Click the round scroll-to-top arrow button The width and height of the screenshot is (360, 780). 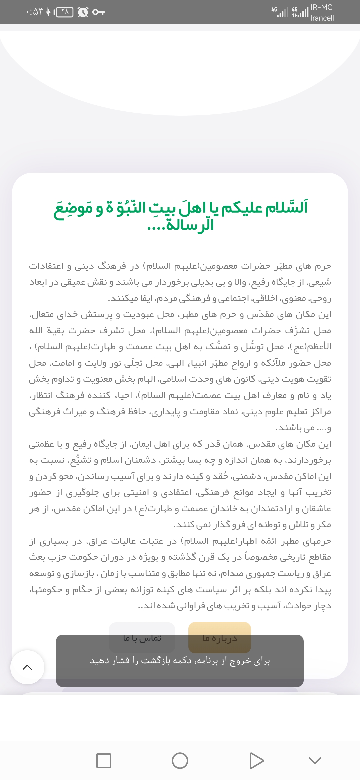click(27, 667)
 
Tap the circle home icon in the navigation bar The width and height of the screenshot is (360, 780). click(180, 760)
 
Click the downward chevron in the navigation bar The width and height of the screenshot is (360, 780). click(315, 760)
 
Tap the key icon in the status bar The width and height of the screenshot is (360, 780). click(98, 12)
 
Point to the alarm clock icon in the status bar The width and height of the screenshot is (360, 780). click(83, 12)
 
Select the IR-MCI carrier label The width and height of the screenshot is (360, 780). click(322, 7)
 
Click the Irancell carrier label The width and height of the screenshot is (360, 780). click(322, 18)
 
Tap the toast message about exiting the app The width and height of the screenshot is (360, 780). click(180, 661)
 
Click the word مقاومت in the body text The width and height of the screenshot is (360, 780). click(205, 412)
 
